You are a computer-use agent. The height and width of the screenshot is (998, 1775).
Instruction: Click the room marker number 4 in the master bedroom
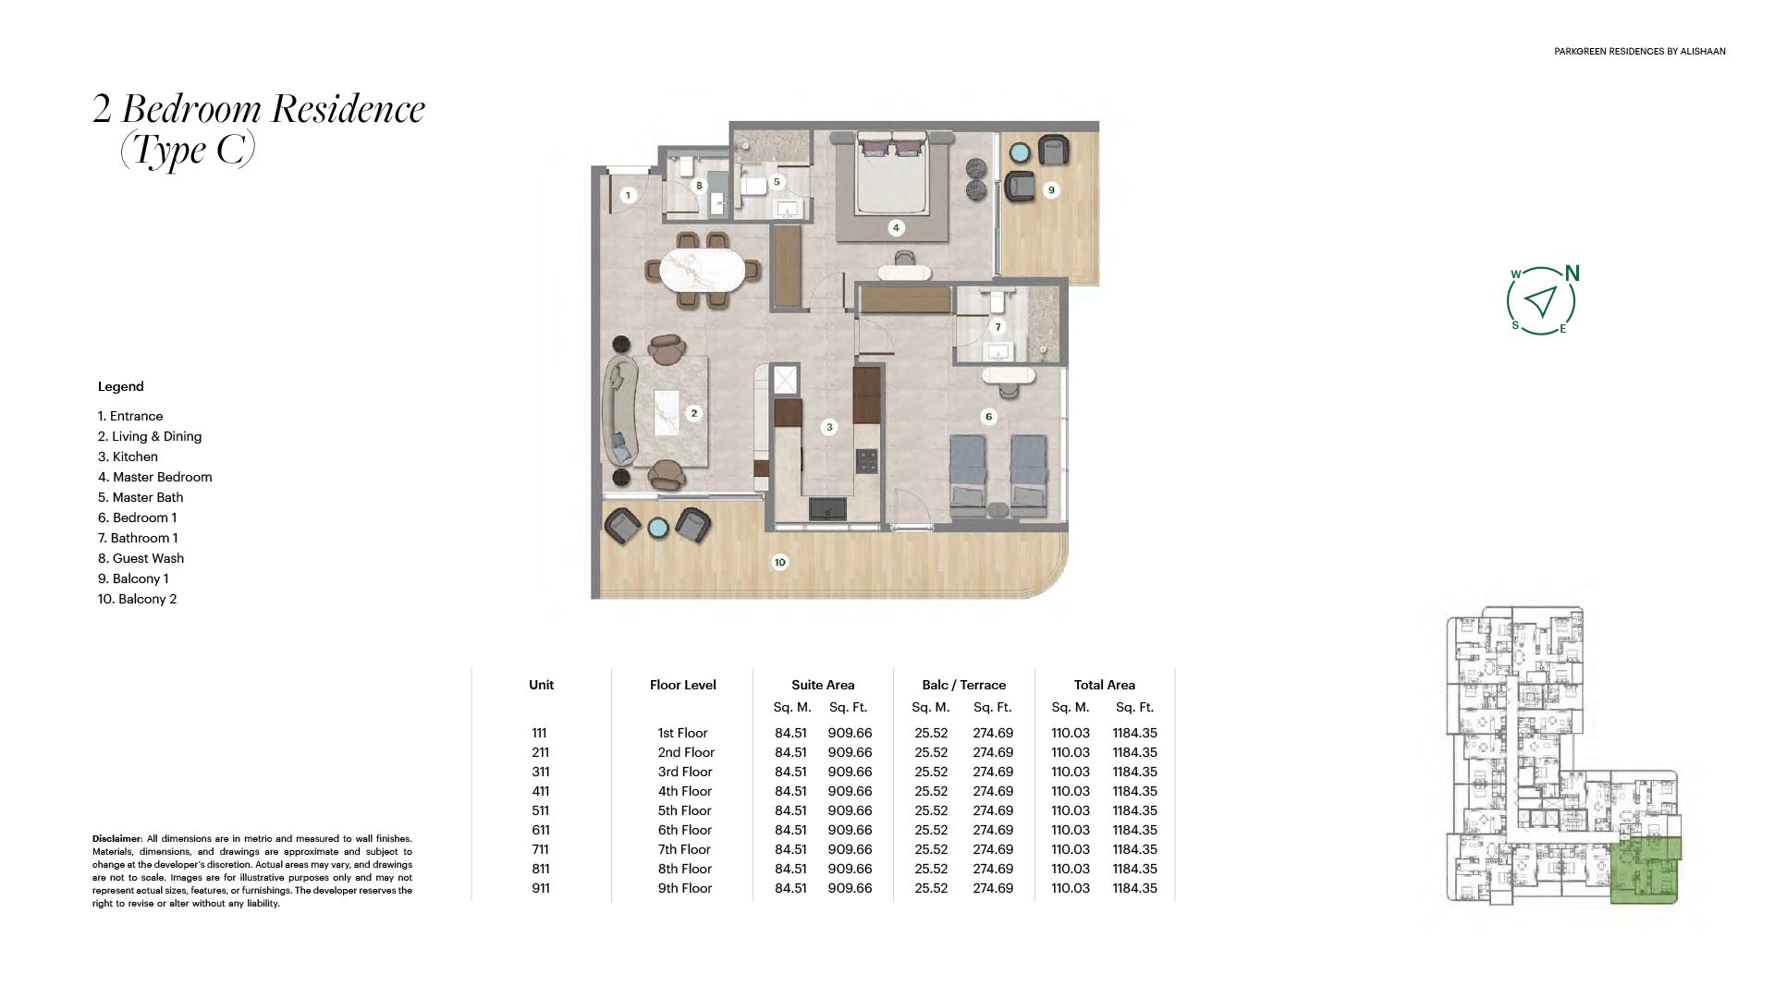pyautogui.click(x=895, y=227)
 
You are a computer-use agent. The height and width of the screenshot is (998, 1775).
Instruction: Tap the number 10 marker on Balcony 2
pyautogui.click(x=780, y=562)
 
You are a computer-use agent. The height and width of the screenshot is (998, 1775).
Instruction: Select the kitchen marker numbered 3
pyautogui.click(x=829, y=427)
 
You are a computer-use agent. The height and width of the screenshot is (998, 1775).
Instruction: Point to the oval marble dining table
pyautogui.click(x=699, y=271)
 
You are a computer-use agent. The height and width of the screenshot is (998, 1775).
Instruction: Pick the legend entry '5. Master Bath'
pyautogui.click(x=141, y=497)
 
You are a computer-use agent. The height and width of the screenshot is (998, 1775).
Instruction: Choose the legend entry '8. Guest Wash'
pyautogui.click(x=141, y=558)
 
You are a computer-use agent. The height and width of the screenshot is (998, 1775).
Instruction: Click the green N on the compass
pyautogui.click(x=1573, y=274)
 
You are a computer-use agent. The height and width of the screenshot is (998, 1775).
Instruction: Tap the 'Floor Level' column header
pyautogui.click(x=683, y=685)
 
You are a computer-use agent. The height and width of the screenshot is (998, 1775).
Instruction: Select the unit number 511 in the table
pyautogui.click(x=541, y=810)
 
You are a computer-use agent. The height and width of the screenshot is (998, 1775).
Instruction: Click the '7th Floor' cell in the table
pyautogui.click(x=685, y=849)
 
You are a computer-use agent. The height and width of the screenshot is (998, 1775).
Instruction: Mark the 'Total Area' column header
pyautogui.click(x=1105, y=685)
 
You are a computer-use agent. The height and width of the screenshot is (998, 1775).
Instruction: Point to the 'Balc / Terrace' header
pyautogui.click(x=963, y=685)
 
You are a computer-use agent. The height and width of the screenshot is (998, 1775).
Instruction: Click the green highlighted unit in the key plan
pyautogui.click(x=1646, y=870)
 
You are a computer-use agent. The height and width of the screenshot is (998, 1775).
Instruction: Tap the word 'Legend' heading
pyautogui.click(x=121, y=387)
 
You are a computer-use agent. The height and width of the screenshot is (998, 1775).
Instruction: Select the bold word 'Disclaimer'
pyautogui.click(x=116, y=839)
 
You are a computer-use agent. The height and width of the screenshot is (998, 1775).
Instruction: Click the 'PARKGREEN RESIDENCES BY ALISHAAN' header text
pyautogui.click(x=1640, y=52)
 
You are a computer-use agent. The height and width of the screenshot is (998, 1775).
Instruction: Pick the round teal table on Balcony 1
pyautogui.click(x=1021, y=152)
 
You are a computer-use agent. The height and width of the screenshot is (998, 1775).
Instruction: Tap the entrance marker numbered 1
pyautogui.click(x=628, y=195)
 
